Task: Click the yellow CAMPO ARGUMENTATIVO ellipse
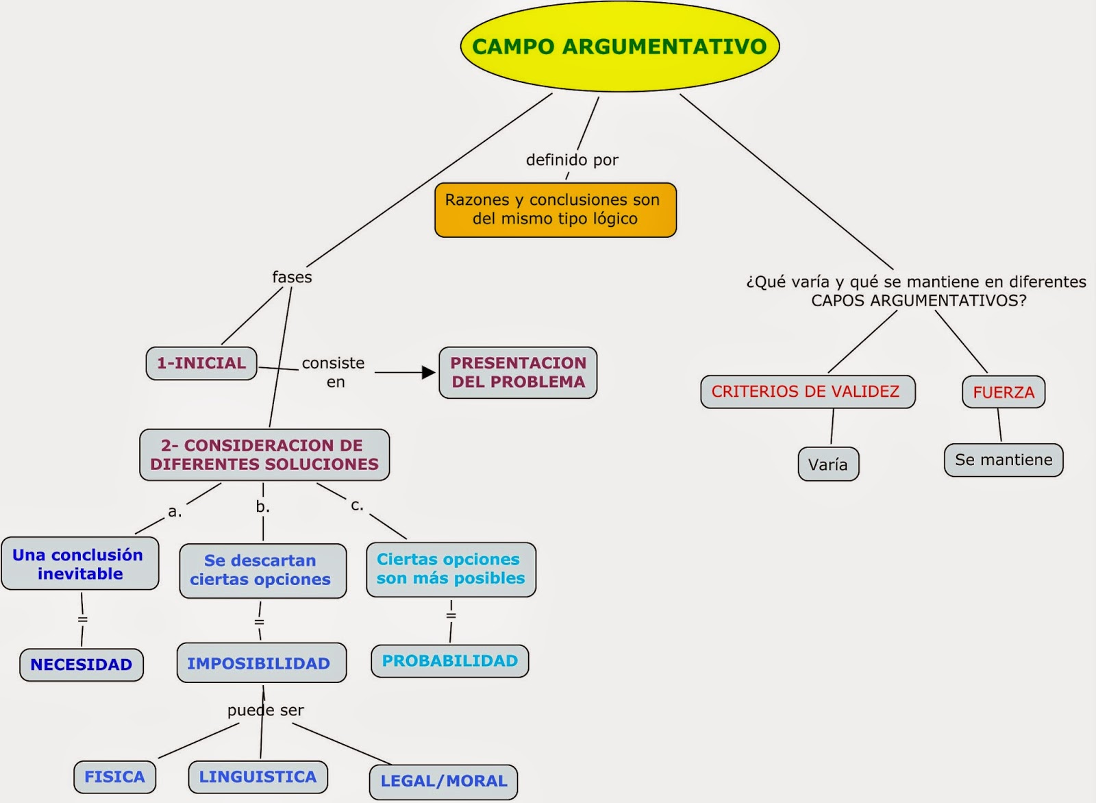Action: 620,47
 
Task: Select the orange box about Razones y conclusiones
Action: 556,210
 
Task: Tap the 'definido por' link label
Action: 572,160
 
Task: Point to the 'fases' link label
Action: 292,277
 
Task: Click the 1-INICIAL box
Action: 201,363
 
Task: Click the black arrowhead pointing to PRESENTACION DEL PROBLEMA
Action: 429,373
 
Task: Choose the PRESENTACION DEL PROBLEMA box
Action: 518,373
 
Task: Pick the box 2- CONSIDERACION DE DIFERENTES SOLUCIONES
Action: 264,455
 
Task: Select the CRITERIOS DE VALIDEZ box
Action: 808,392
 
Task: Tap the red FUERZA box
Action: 1004,392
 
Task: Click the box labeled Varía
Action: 828,465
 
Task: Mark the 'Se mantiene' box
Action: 1004,460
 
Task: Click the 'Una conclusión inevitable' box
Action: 79,564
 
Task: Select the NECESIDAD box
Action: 82,665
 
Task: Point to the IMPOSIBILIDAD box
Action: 261,663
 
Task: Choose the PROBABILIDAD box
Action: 450,661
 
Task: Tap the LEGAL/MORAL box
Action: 443,781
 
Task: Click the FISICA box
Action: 115,777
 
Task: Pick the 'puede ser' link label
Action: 266,711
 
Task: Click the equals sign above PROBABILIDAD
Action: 451,615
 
